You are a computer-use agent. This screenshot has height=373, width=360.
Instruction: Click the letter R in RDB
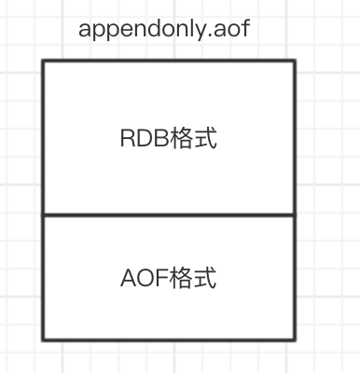127,139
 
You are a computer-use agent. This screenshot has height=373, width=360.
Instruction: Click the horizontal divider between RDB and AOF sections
169,215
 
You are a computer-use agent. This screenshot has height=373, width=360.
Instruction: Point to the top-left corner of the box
43,62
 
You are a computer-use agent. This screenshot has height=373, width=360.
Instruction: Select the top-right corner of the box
295,62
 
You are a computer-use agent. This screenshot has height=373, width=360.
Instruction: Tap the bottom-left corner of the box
43,339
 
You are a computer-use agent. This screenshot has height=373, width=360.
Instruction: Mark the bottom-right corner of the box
295,339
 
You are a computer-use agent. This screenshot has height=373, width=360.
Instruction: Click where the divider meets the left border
43,215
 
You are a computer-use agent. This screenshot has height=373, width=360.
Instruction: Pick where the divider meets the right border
295,215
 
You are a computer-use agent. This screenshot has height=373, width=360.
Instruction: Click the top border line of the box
169,62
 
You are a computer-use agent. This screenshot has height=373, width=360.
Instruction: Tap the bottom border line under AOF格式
169,339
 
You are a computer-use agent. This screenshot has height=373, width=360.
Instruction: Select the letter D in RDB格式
141,139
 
